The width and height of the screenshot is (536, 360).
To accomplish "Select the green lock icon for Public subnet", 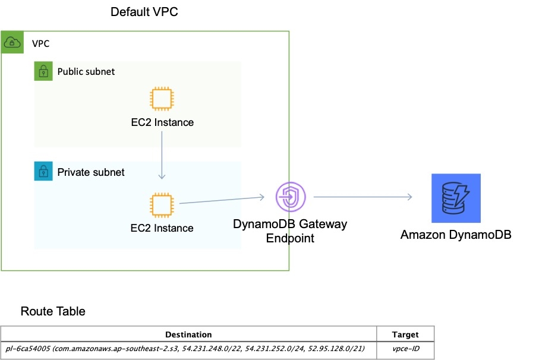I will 43,72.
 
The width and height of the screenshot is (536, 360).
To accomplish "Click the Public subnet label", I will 86,72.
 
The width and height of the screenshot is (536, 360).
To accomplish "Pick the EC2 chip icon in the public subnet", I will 162,99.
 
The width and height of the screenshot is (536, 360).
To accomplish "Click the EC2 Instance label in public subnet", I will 162,123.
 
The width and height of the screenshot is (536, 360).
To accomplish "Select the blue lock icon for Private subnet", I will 43,172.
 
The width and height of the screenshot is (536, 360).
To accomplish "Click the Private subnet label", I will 91,172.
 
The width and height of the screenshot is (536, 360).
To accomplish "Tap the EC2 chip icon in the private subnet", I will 162,204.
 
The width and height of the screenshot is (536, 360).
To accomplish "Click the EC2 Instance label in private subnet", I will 162,228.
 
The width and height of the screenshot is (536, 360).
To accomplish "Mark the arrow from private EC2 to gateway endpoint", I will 221,200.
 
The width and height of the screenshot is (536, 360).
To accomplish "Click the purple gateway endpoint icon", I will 290,197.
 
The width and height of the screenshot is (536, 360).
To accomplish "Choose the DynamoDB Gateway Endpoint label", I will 290,231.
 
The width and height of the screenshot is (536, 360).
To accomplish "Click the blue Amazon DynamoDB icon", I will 456,198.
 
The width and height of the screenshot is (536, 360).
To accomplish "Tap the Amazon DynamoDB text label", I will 456,235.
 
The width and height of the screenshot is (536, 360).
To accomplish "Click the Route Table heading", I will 53,311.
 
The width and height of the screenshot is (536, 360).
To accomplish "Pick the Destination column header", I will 188,334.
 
